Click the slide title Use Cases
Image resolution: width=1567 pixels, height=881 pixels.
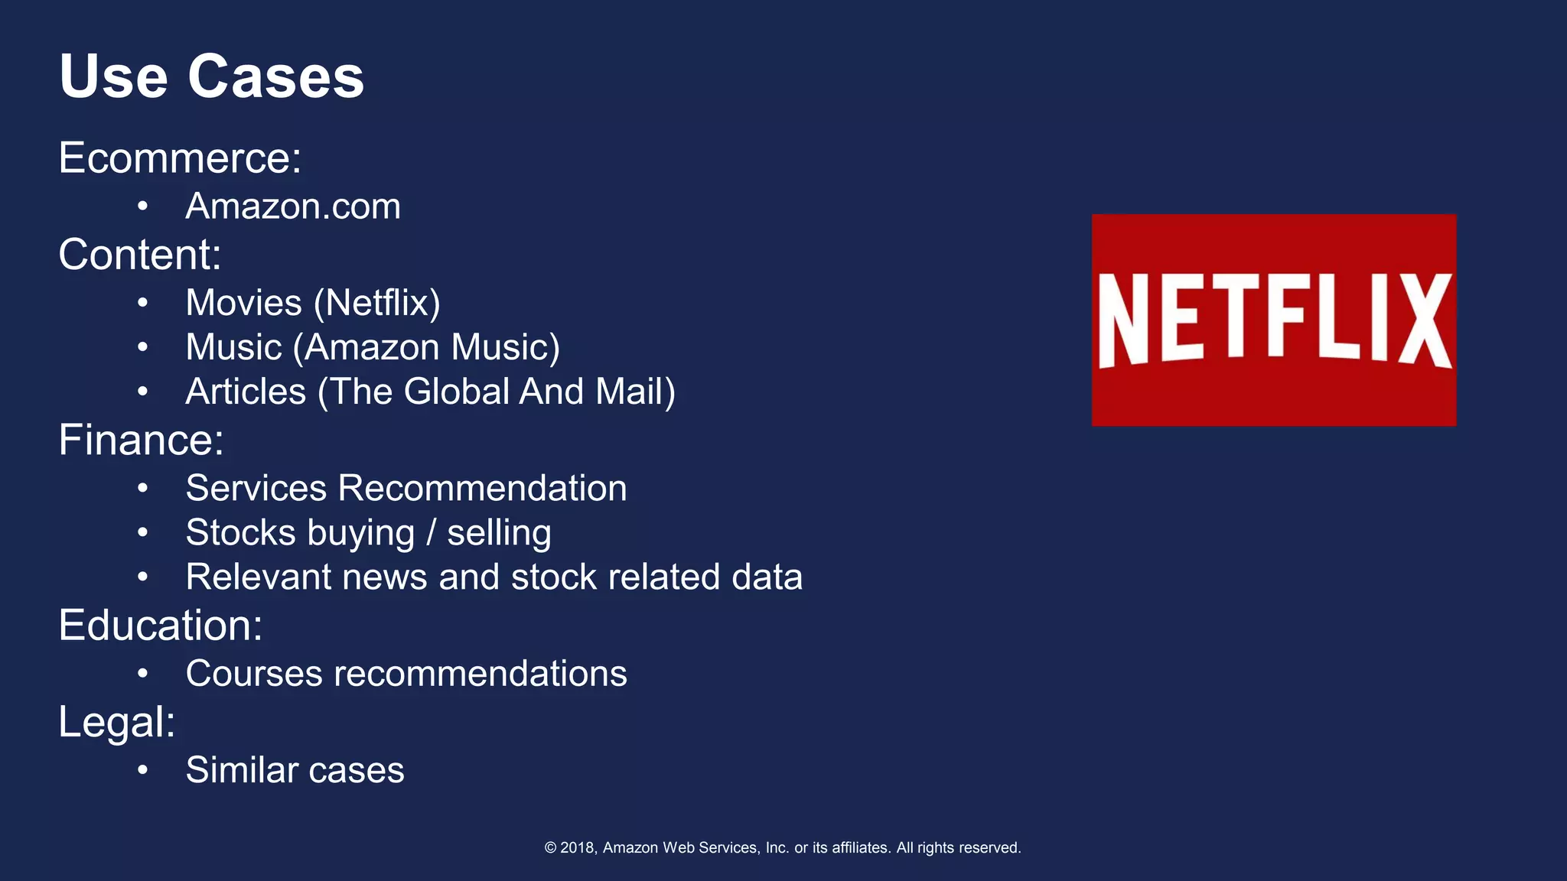point(211,76)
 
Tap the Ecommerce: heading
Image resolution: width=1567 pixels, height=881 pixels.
point(180,158)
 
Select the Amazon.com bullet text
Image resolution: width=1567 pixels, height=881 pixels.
point(293,206)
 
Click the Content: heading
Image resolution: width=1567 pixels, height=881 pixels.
point(140,254)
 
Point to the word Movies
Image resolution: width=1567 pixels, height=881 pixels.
point(244,303)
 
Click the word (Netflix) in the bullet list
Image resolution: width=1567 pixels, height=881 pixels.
point(377,303)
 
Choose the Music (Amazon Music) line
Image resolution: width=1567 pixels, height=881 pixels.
point(373,347)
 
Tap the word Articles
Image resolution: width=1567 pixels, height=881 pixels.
point(246,392)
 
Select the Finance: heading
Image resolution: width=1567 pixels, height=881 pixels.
point(142,440)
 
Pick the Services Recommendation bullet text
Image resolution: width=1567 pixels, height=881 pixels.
point(406,488)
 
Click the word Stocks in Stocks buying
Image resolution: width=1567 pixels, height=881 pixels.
point(240,532)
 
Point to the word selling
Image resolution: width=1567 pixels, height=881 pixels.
point(499,533)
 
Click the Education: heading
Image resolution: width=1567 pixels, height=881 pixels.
point(161,625)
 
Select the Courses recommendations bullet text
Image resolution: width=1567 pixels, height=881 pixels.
point(406,674)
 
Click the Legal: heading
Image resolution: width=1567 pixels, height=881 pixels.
point(117,721)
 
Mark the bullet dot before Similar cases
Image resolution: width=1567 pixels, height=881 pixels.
point(142,770)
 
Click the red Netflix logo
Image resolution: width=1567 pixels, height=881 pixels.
point(1274,320)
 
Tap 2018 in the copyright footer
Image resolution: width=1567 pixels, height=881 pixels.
point(578,847)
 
